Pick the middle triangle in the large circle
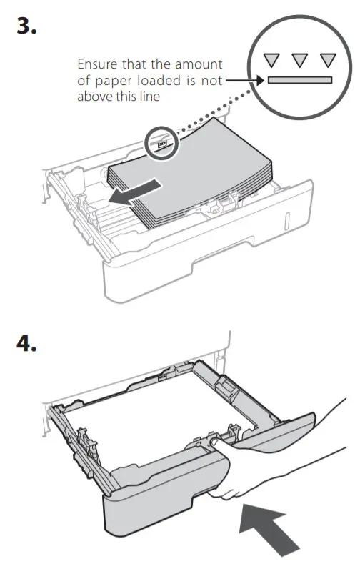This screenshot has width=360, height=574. tap(300, 61)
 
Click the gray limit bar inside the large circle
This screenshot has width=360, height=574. tap(300, 79)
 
